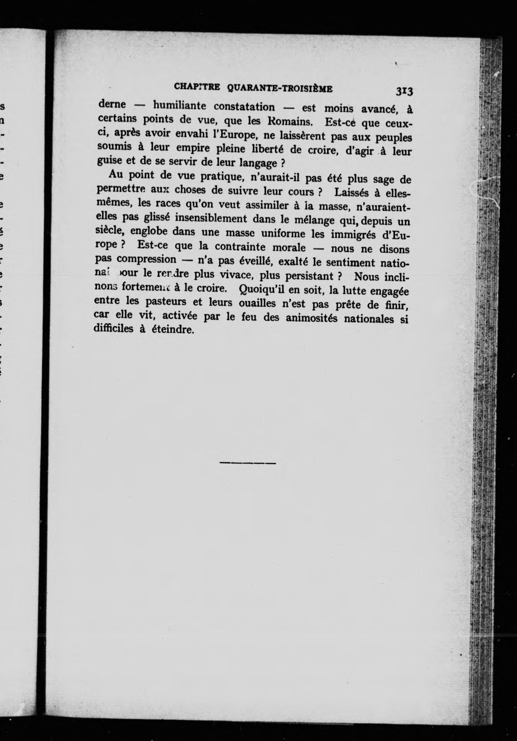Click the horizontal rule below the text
click(x=248, y=463)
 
